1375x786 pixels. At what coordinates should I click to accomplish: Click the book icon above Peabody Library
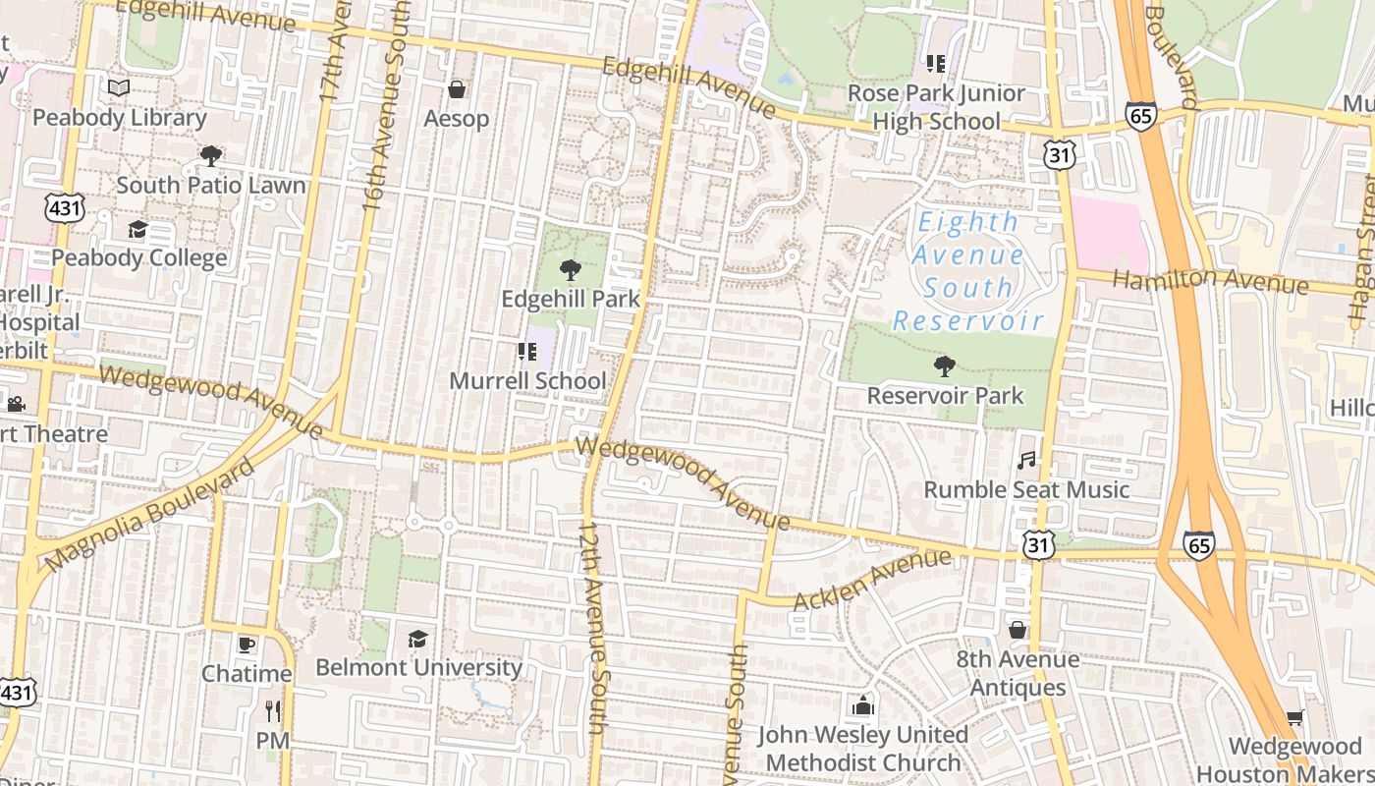pos(119,88)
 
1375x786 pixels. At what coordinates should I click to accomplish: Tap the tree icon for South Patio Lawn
pos(210,155)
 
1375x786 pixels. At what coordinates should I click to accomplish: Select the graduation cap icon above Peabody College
pos(137,230)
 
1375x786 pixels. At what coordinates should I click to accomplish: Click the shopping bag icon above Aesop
pos(456,90)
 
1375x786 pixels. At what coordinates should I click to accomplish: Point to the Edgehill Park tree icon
pos(570,270)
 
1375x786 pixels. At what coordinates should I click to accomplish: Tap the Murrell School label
pos(527,380)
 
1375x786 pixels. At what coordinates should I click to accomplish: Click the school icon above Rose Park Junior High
pos(935,65)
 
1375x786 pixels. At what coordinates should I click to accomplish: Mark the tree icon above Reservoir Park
pos(944,367)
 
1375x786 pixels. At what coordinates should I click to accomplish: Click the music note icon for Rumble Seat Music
pos(1026,460)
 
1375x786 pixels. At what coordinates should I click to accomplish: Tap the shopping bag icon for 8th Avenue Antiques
pos(1017,630)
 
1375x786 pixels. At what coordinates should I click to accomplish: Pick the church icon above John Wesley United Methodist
pos(862,705)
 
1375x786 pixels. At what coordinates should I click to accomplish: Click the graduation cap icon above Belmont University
pos(418,640)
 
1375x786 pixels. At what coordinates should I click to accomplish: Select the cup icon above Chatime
pos(246,646)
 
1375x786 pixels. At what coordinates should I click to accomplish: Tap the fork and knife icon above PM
pos(272,711)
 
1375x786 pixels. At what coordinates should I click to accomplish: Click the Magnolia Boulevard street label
pos(150,515)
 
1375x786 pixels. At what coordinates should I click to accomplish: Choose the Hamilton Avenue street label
pos(1210,281)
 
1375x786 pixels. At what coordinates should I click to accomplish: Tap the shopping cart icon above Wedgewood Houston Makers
pos(1294,718)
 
